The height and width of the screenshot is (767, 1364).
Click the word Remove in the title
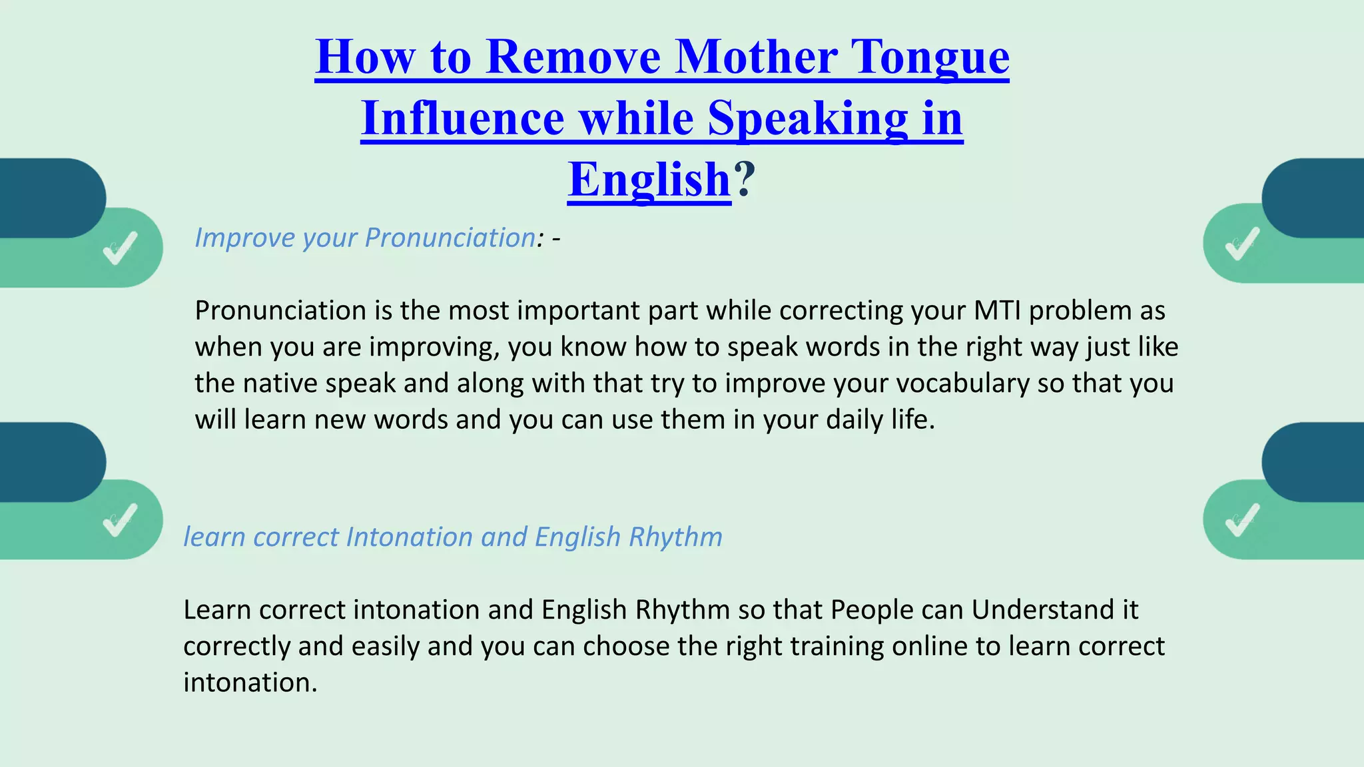tap(573, 57)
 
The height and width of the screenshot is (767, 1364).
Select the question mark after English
tap(745, 180)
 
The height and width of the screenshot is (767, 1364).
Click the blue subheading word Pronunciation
tap(450, 238)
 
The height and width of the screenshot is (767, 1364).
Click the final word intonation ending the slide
tap(249, 683)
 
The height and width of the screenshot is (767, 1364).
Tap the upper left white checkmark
tap(121, 248)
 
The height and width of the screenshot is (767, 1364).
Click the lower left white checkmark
tap(121, 519)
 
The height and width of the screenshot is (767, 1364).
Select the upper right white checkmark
tap(1242, 244)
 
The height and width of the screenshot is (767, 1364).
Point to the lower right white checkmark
tap(1242, 519)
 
